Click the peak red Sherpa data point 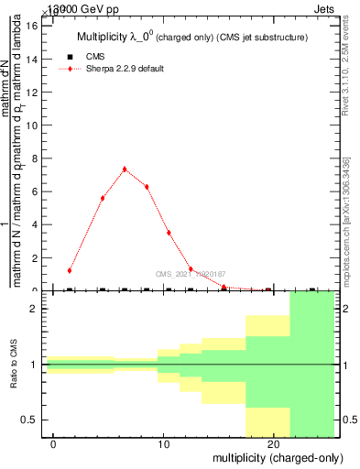[125, 169]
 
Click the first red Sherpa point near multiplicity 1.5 [70, 270]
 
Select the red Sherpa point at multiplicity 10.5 [169, 233]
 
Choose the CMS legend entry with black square [94, 57]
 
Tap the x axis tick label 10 [164, 445]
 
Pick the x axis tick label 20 [274, 445]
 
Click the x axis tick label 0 [55, 445]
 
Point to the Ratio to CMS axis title [14, 365]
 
